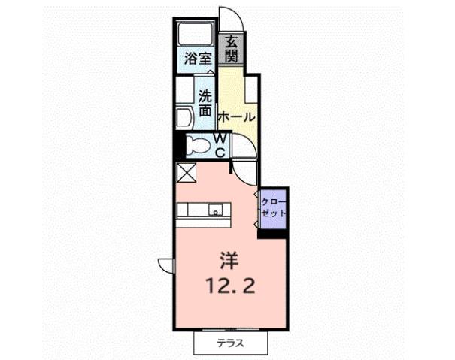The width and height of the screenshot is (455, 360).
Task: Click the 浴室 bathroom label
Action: coord(197,56)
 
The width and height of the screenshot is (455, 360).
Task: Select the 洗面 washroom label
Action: coord(205,103)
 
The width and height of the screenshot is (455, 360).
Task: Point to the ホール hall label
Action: coord(236,118)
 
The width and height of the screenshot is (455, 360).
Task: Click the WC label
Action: coord(221,144)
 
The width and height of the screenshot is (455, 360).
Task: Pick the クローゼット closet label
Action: coord(273,208)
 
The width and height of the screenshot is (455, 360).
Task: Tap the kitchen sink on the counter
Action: coord(216,210)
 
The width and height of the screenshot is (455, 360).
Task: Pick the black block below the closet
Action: coord(273,233)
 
